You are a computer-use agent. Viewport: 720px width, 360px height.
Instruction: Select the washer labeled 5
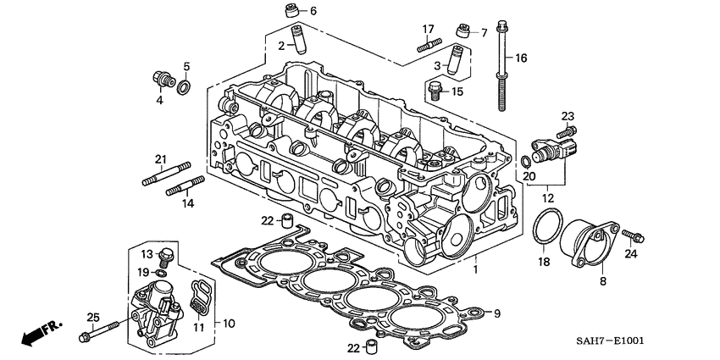pyautogui.click(x=186, y=85)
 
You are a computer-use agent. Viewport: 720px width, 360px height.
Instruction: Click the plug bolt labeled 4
pyautogui.click(x=159, y=80)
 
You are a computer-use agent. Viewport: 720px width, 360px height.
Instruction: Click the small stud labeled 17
pyautogui.click(x=429, y=45)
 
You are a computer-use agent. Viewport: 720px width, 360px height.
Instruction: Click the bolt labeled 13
pyautogui.click(x=168, y=253)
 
